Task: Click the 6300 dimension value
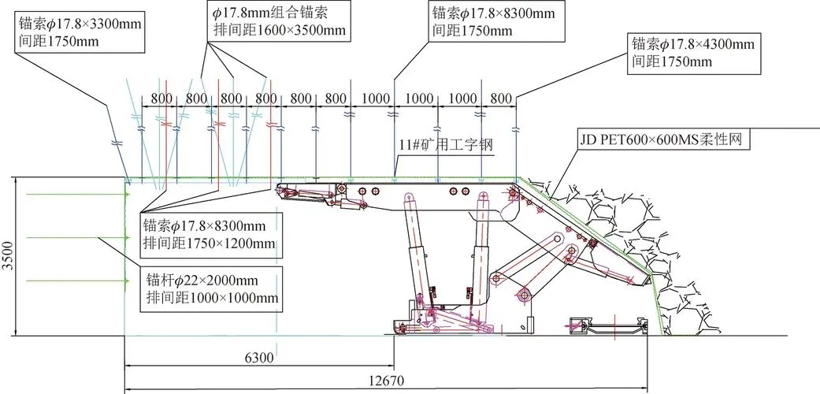tap(259, 359)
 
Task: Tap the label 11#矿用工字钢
tap(446, 146)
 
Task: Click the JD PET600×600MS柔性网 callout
tap(661, 141)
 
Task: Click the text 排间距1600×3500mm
tap(280, 30)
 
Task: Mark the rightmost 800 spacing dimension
tap(502, 98)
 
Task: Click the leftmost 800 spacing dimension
tap(161, 98)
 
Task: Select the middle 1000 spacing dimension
tap(419, 98)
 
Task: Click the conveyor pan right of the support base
tap(607, 325)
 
